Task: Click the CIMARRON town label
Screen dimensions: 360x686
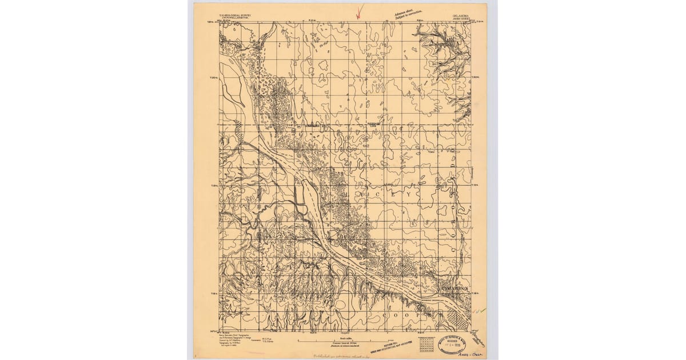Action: pyautogui.click(x=456, y=289)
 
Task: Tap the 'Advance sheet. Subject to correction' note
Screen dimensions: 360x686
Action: pyautogui.click(x=408, y=11)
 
